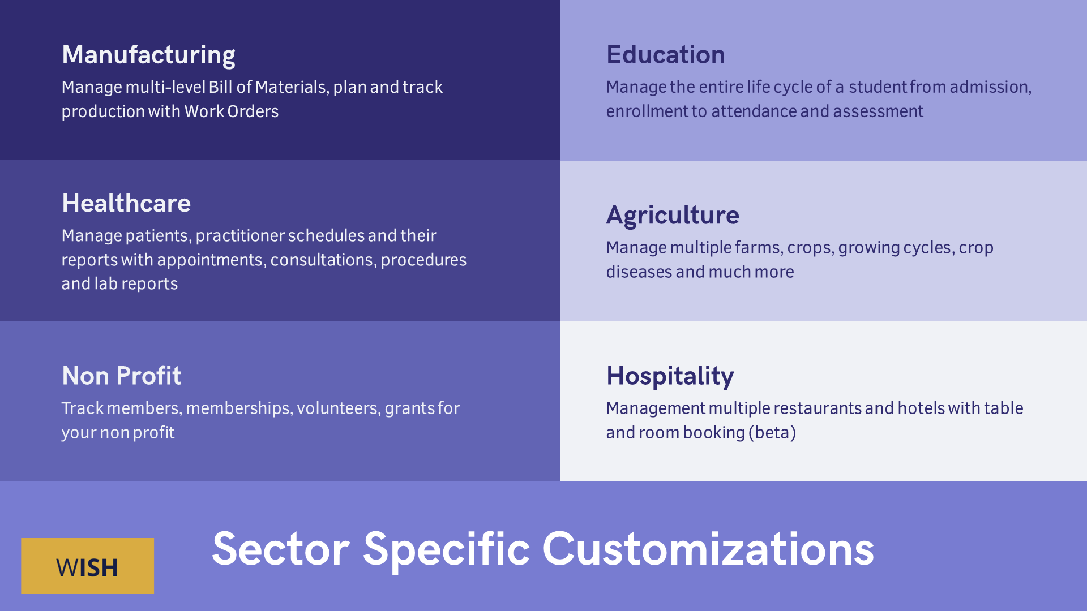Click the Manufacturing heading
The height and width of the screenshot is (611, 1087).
(148, 55)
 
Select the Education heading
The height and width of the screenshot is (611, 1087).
(665, 54)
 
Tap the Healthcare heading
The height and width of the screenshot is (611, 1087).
(126, 203)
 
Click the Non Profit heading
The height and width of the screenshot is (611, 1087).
(122, 376)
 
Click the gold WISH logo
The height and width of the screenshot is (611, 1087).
(87, 566)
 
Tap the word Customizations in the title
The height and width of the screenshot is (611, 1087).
(708, 549)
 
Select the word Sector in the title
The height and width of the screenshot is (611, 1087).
(281, 549)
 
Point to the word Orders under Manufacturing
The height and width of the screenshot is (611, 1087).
(253, 111)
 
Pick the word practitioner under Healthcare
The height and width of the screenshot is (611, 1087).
(240, 236)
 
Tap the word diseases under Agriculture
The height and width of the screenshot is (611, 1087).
(639, 272)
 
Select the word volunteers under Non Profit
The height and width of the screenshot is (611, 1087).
(339, 408)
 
